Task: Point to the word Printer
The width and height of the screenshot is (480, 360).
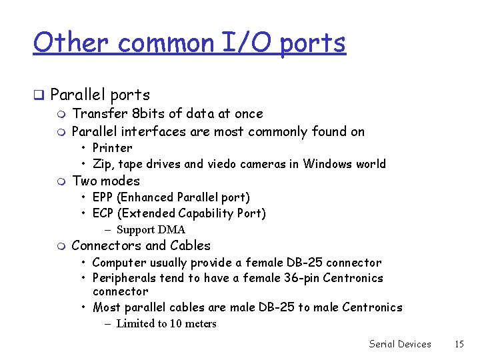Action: [x=112, y=148]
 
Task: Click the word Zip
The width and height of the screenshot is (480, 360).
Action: [x=101, y=164]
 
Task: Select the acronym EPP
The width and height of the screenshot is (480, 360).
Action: [x=104, y=197]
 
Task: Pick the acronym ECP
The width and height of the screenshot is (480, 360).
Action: [x=104, y=213]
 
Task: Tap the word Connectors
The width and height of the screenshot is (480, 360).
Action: [x=105, y=246]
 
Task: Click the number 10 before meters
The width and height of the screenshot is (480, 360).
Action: [x=175, y=324]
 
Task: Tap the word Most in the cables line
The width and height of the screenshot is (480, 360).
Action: [x=106, y=307]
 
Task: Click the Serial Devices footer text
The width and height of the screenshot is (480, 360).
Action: [x=400, y=344]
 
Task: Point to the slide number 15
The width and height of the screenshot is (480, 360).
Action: [x=459, y=344]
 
